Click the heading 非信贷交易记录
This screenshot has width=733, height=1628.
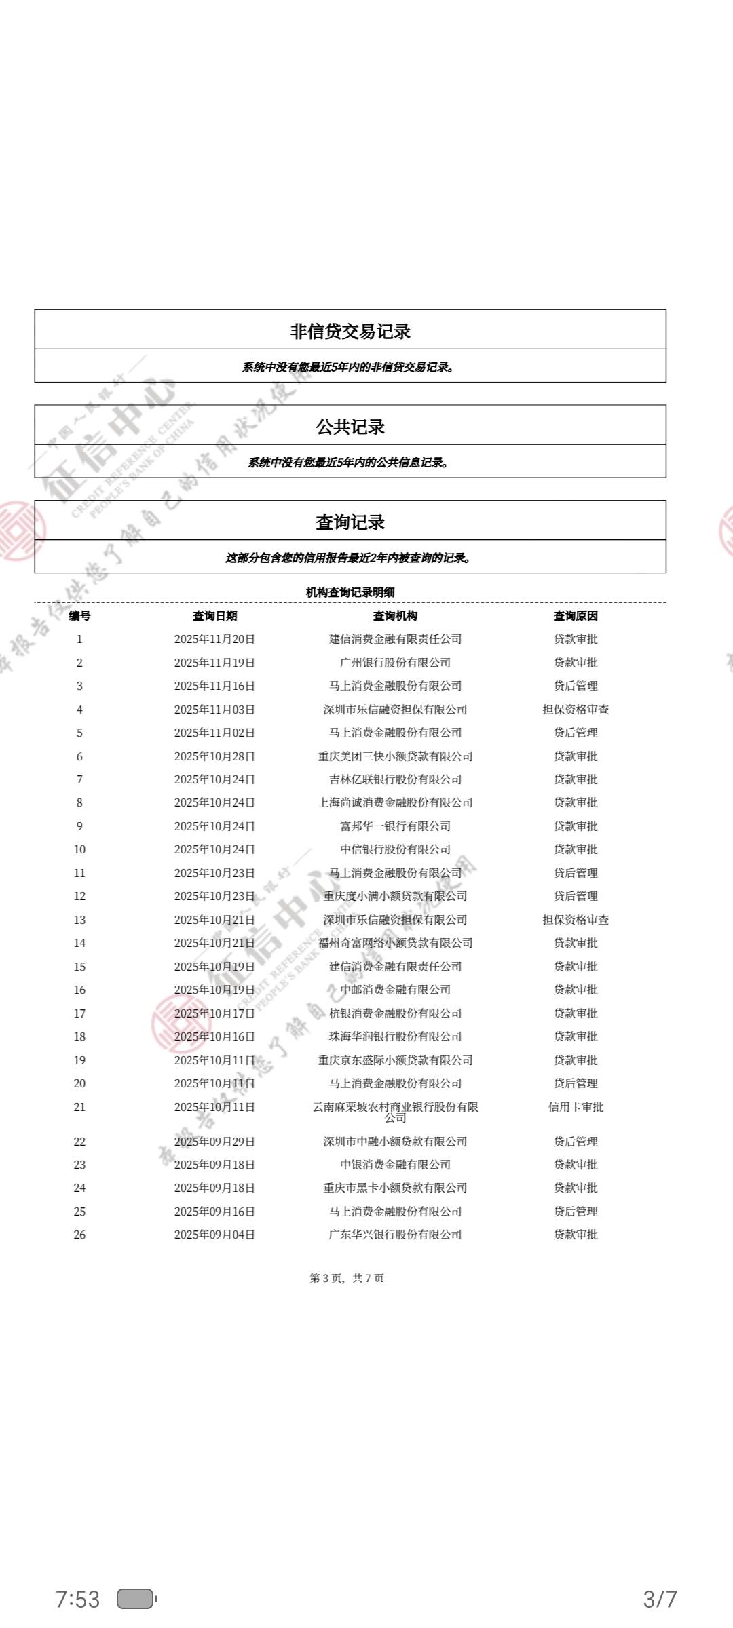click(350, 332)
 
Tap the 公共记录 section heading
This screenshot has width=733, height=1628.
click(350, 427)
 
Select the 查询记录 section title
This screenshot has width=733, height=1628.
click(350, 522)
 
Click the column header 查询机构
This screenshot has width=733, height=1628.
click(395, 616)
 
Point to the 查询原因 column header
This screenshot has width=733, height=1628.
click(576, 616)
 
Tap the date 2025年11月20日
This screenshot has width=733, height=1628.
click(214, 639)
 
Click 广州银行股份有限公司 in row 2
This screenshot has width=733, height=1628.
click(395, 663)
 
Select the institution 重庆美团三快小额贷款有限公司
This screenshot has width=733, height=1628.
click(395, 756)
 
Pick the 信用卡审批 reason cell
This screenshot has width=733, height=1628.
click(576, 1107)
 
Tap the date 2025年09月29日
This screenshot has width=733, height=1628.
click(214, 1142)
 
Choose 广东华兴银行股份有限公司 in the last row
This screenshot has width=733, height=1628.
click(395, 1235)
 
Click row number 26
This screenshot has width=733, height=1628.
click(79, 1235)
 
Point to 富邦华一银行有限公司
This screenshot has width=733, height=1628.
click(395, 826)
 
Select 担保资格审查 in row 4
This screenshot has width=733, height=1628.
click(576, 710)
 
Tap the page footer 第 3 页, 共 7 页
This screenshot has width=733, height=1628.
click(347, 1278)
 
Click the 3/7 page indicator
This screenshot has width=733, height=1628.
click(660, 1599)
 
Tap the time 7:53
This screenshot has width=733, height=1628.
click(77, 1599)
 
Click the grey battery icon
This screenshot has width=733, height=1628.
click(136, 1599)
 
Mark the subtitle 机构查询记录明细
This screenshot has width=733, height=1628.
click(350, 592)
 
